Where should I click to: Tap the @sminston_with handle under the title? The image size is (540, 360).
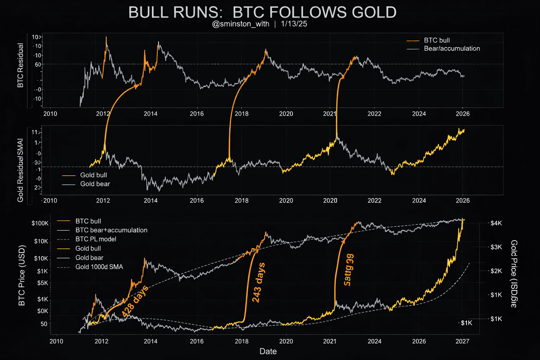coord(241,24)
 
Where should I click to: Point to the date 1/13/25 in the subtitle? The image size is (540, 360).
coord(294,24)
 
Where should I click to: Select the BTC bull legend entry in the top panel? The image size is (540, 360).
coord(437,40)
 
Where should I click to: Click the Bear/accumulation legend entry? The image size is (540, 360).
coord(452,49)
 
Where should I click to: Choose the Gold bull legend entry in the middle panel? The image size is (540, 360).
coord(93,175)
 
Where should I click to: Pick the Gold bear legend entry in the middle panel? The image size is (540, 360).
coord(95,184)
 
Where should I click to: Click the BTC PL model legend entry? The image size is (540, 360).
coord(96,239)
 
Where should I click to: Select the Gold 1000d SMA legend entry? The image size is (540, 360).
coord(99,267)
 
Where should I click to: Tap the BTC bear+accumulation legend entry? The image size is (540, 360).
coord(111,230)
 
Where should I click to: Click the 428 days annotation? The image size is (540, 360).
coord(135,301)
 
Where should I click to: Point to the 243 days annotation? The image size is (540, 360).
coord(258,282)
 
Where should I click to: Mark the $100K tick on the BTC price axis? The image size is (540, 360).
coord(40,223)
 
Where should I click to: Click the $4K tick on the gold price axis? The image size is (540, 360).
coord(496,223)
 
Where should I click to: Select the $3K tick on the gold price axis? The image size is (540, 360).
coord(496,247)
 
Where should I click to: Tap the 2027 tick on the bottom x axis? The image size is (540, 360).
coord(462,341)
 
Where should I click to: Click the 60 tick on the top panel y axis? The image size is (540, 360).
coord(38,64)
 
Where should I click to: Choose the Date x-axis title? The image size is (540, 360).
coord(268,351)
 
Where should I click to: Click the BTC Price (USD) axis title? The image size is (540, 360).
coord(22,275)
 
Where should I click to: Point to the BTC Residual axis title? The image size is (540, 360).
coord(20,65)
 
